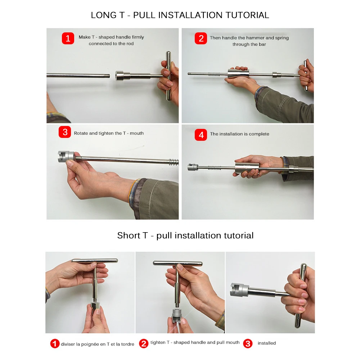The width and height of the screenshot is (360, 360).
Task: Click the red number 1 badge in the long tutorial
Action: (x=68, y=38)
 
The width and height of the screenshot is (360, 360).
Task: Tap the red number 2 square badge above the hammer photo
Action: (x=201, y=38)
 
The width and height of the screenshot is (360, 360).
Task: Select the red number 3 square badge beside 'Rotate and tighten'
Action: (x=65, y=132)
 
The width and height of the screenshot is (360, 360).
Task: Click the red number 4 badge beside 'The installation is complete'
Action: (x=201, y=135)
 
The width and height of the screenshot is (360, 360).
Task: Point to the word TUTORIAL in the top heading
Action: (x=247, y=15)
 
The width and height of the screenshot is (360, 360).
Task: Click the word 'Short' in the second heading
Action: (x=129, y=235)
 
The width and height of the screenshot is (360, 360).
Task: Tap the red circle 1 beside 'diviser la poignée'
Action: (x=55, y=344)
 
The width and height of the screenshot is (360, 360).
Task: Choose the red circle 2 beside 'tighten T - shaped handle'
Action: (x=144, y=343)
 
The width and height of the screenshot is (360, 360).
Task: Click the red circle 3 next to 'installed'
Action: (x=248, y=343)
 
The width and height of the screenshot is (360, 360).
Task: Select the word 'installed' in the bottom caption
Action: (x=266, y=343)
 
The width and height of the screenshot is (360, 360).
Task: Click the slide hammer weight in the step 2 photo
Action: (x=238, y=73)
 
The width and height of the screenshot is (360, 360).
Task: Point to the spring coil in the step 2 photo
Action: (x=214, y=74)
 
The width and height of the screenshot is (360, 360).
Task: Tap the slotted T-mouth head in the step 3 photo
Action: (x=66, y=157)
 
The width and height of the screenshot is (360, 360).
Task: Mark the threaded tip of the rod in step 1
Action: (x=107, y=76)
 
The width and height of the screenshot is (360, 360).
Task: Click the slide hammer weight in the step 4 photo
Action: (x=247, y=168)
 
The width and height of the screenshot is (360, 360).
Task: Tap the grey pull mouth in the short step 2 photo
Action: (x=177, y=315)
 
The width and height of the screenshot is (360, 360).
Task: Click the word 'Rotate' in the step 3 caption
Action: (x=81, y=133)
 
